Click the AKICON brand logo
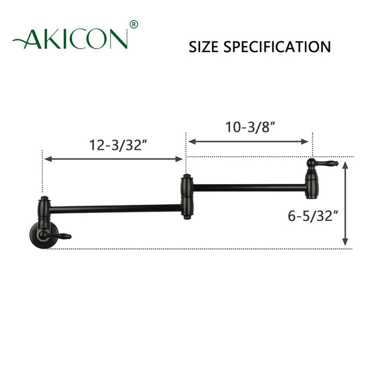73,37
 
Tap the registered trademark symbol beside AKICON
134,24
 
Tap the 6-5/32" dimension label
313,216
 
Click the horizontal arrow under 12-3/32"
114,159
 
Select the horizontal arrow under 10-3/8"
249,142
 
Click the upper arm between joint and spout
249,188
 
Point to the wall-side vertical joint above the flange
43,208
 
